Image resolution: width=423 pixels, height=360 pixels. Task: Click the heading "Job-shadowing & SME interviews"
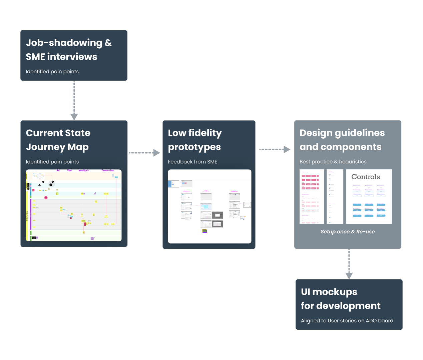click(x=69, y=50)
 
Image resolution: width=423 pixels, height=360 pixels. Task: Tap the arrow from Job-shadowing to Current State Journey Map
click(x=74, y=100)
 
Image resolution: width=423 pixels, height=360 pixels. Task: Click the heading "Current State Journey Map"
click(x=58, y=140)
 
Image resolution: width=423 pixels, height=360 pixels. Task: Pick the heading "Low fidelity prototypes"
click(x=195, y=140)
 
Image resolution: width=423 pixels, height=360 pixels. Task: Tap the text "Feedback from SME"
click(x=192, y=162)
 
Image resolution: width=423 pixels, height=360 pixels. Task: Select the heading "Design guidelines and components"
click(x=342, y=140)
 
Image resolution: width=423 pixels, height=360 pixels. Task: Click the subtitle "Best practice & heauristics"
click(x=333, y=162)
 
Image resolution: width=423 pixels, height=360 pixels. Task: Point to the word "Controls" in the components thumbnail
click(x=366, y=177)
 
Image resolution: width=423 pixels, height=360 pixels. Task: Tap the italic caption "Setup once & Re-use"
click(x=348, y=232)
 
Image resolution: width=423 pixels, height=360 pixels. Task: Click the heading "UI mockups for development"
click(x=340, y=299)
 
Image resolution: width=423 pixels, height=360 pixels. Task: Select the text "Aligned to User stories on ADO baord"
click(x=347, y=321)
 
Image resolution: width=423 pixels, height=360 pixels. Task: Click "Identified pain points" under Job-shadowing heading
click(x=52, y=72)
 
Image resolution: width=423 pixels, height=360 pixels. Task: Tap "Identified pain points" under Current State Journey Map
click(x=52, y=162)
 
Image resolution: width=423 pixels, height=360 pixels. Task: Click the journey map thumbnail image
click(x=74, y=205)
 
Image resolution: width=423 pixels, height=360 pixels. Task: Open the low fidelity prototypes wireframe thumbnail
click(x=209, y=206)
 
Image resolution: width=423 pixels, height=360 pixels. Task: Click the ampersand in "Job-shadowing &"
click(x=108, y=43)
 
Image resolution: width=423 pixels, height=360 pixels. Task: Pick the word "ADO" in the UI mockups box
click(x=371, y=321)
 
